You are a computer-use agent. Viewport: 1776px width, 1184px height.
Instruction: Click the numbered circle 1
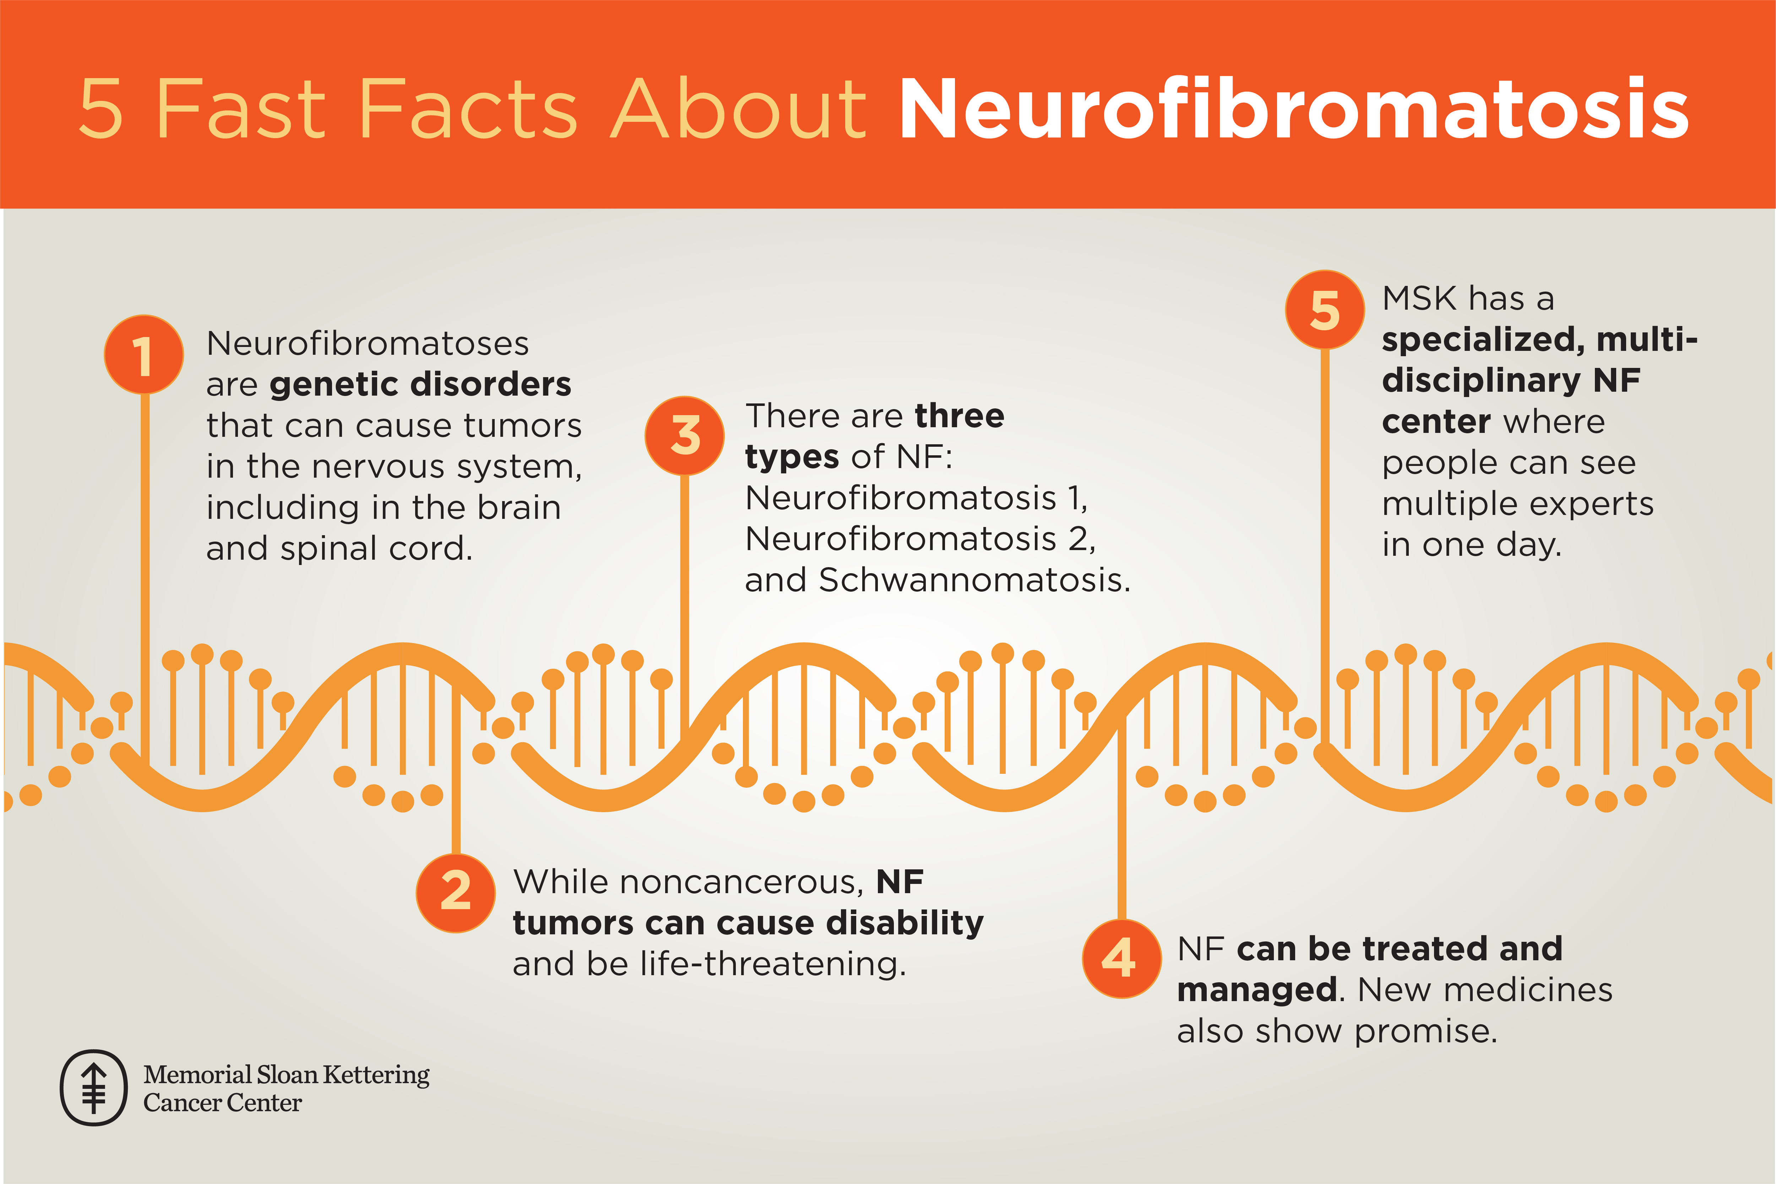click(143, 354)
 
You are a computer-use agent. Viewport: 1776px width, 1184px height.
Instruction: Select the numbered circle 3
click(684, 436)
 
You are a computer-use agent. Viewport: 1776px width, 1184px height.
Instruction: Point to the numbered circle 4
click(1121, 959)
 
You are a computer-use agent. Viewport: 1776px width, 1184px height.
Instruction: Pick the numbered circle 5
click(1324, 310)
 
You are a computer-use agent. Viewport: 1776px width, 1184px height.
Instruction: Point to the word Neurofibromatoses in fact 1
click(368, 343)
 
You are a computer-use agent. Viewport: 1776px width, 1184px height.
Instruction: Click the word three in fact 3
click(959, 416)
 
